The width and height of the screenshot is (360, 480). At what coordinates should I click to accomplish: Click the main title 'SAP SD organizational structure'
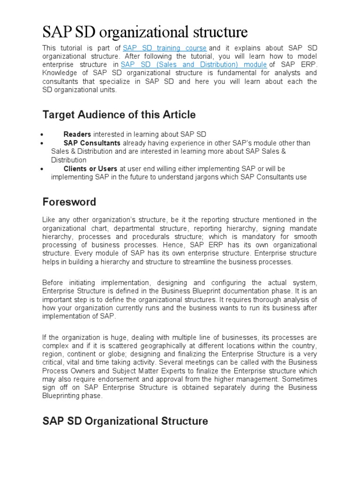click(145, 32)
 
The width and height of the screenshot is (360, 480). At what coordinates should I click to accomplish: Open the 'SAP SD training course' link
click(165, 48)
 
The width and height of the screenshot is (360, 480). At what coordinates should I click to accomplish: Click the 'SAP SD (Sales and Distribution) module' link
click(194, 64)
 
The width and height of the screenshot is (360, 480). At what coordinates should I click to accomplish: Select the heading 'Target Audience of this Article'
click(119, 114)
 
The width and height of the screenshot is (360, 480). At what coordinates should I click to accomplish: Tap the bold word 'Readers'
click(77, 135)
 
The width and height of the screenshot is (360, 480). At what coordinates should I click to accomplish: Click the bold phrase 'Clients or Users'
click(90, 168)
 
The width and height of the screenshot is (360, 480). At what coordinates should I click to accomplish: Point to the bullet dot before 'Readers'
click(43, 135)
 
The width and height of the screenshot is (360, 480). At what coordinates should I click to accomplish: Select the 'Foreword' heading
click(69, 202)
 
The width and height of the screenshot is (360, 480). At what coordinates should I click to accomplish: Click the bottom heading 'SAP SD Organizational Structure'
click(125, 421)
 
